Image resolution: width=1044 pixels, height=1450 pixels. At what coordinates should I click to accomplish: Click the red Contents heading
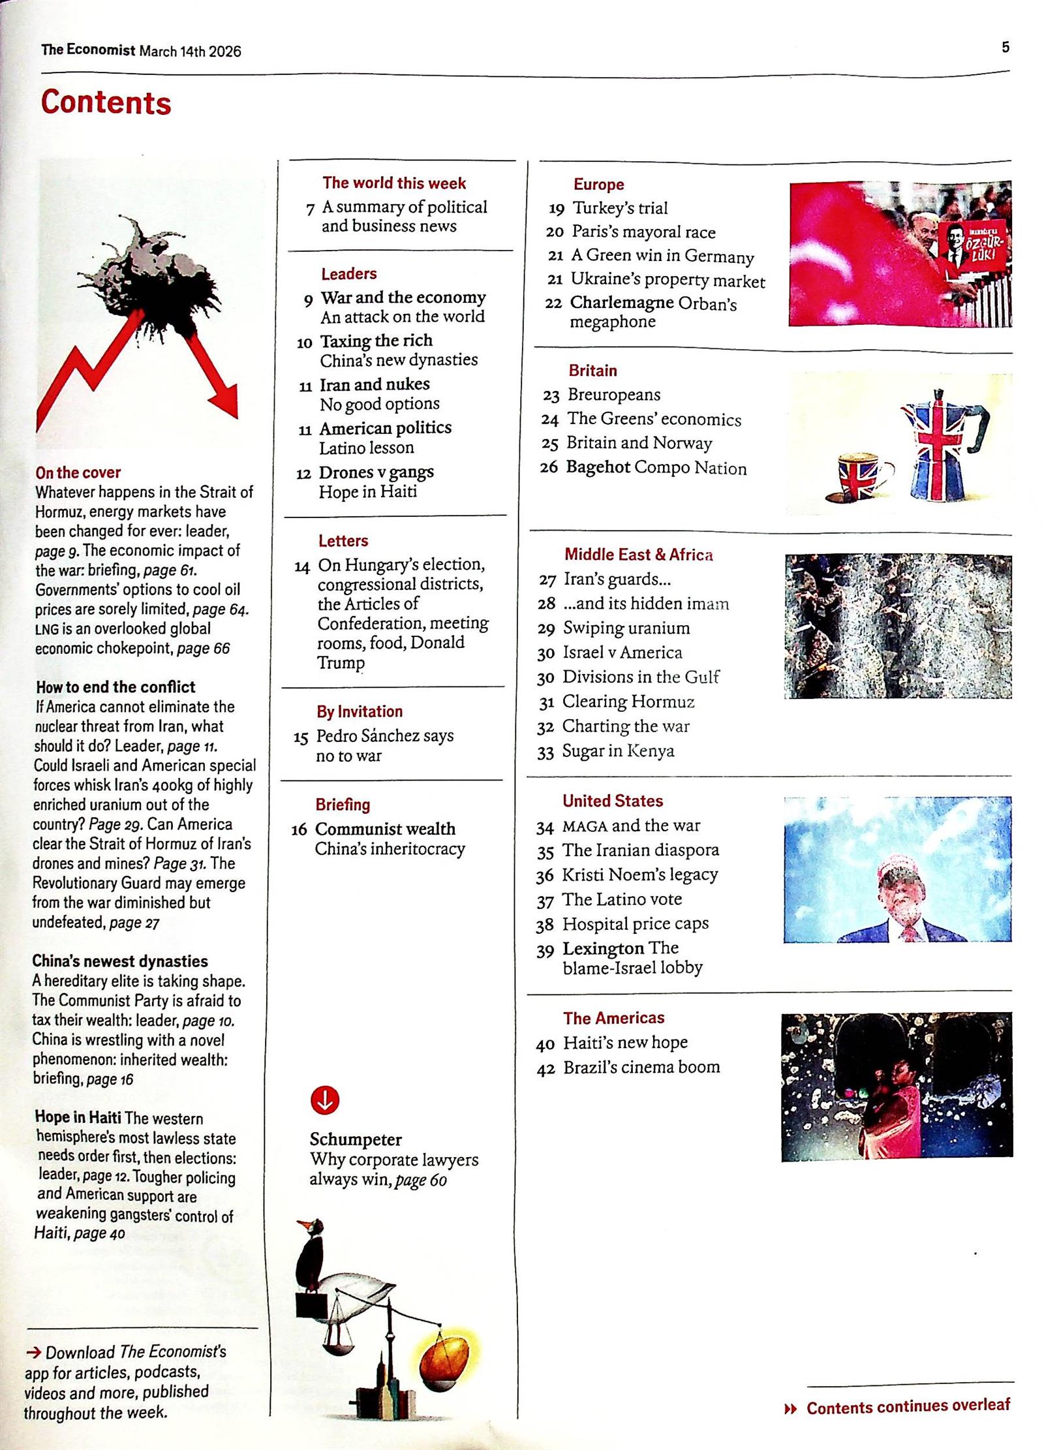click(106, 103)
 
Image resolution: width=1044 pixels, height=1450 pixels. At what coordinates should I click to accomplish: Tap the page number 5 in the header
click(1005, 47)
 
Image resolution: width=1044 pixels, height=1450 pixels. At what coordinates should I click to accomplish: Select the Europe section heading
click(598, 185)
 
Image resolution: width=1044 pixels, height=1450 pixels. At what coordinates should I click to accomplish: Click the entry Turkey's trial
click(620, 208)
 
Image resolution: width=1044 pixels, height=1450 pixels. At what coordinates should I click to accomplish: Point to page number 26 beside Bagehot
click(549, 467)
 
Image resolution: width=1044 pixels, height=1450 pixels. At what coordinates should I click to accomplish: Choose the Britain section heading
click(592, 371)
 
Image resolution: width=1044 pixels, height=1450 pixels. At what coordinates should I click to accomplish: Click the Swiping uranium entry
click(626, 628)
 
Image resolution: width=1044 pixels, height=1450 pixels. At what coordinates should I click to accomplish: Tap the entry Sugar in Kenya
click(618, 751)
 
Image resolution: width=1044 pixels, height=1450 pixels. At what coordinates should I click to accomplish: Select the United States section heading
click(612, 801)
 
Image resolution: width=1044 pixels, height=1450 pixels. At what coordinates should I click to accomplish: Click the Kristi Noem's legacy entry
click(639, 874)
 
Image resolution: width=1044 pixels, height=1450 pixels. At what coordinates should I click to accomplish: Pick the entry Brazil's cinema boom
click(641, 1067)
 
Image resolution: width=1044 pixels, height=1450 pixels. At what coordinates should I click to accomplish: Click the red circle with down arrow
click(325, 1100)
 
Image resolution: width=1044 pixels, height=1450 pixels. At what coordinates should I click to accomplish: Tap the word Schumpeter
click(356, 1139)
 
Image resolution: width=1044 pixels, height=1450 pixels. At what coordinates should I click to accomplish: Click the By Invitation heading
click(360, 711)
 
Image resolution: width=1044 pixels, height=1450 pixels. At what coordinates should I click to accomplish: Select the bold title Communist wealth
click(385, 829)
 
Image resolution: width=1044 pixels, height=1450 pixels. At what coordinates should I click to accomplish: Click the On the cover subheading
click(78, 472)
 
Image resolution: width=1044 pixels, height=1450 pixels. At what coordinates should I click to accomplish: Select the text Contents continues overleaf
click(908, 1407)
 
